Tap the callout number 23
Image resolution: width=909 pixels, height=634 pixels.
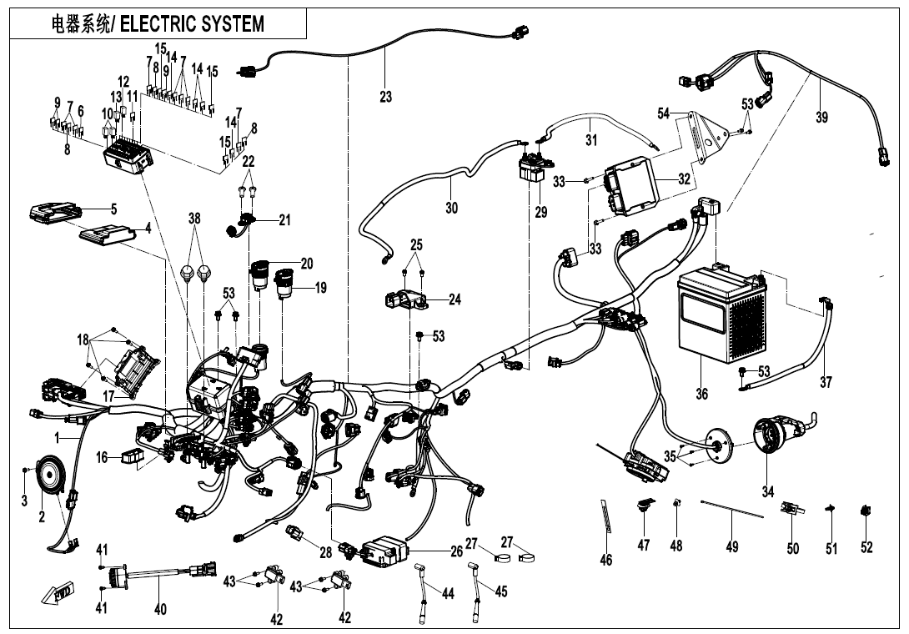pos(385,97)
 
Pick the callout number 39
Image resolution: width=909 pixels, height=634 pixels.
pos(822,118)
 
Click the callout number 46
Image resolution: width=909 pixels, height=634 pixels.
pos(606,560)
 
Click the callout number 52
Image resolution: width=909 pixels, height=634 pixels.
pos(866,547)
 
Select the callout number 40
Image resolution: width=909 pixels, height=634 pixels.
pos(160,609)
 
